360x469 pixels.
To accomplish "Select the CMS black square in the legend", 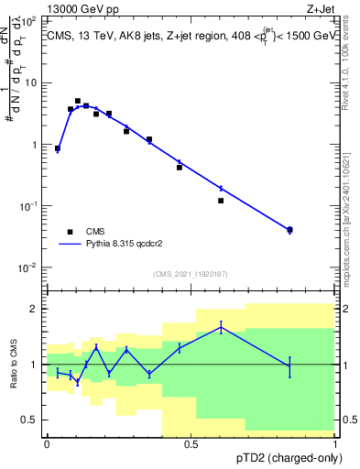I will pos(70,233).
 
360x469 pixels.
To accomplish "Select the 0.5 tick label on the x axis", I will pos(191,444).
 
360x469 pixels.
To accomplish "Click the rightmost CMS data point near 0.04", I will pos(289,229).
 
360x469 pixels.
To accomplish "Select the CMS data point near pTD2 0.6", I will pos(221,201).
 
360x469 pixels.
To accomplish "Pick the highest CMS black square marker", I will pos(78,101).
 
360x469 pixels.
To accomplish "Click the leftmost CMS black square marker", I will pos(58,147).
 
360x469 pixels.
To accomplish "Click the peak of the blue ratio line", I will pos(221,326).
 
